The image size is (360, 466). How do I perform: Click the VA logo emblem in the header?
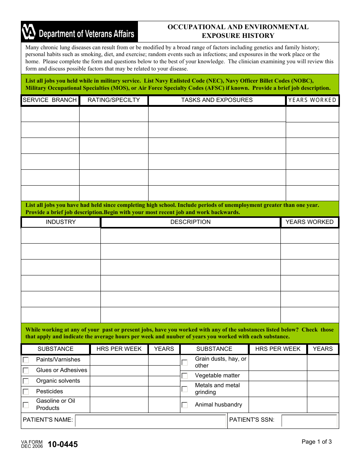(29, 32)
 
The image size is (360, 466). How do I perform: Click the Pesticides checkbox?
(26, 392)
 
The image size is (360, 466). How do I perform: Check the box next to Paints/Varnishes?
(26, 360)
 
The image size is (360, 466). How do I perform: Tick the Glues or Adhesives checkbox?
(26, 371)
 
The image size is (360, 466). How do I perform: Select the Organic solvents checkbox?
(26, 381)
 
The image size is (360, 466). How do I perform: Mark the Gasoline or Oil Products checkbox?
(26, 405)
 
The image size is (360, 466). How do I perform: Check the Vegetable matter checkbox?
(185, 376)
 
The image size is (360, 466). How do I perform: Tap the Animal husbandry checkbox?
(185, 405)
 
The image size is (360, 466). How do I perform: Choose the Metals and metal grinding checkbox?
(185, 389)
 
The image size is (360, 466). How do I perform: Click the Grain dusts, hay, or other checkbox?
(185, 363)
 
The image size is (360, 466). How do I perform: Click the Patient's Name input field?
(150, 421)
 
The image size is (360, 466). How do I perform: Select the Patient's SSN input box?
(309, 421)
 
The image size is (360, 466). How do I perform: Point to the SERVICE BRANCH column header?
(50, 100)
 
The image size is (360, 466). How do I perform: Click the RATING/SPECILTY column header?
(114, 100)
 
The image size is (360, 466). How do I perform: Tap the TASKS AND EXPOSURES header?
(217, 100)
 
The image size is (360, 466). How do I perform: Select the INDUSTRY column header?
(61, 222)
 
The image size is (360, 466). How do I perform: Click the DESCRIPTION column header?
(190, 222)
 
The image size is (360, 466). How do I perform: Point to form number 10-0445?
(63, 444)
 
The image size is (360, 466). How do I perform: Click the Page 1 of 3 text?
(316, 441)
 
